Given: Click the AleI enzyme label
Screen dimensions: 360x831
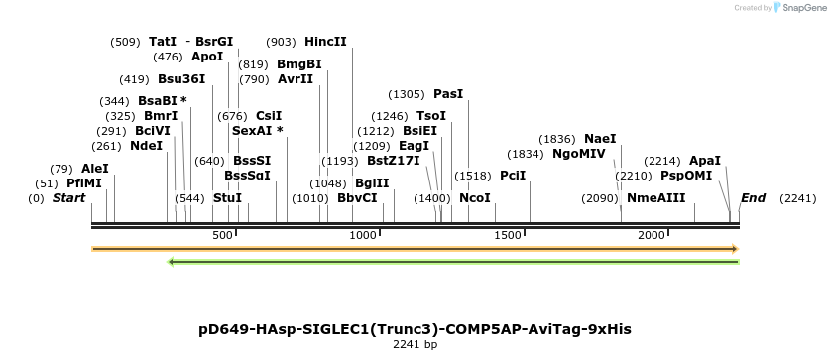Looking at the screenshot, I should [x=95, y=169].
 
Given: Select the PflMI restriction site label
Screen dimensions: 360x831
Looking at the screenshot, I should [x=84, y=183].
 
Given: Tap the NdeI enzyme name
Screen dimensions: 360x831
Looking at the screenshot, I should [x=146, y=145].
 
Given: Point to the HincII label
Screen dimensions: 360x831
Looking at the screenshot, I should [x=325, y=42].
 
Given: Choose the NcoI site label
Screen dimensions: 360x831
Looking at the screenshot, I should [x=475, y=198].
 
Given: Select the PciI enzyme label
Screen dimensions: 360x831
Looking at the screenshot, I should [x=513, y=176].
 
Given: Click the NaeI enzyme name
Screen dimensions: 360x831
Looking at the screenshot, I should [x=600, y=139].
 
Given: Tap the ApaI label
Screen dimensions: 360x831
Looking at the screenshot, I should [x=704, y=161].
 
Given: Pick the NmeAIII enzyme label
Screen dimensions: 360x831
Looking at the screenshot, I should [x=655, y=198].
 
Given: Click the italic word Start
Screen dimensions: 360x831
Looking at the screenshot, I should [x=68, y=198].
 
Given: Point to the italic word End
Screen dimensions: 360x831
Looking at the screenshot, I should [x=753, y=198].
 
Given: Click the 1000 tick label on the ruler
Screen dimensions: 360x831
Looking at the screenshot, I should [x=364, y=235].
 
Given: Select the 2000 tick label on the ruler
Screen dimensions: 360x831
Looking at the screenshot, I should [x=652, y=235].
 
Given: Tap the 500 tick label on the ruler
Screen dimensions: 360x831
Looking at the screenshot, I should [x=222, y=235].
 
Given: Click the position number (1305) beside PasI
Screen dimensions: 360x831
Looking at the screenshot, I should [x=406, y=94].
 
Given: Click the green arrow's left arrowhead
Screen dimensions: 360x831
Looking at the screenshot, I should [x=173, y=262].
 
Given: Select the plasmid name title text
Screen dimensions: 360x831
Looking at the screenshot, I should [x=415, y=328].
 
